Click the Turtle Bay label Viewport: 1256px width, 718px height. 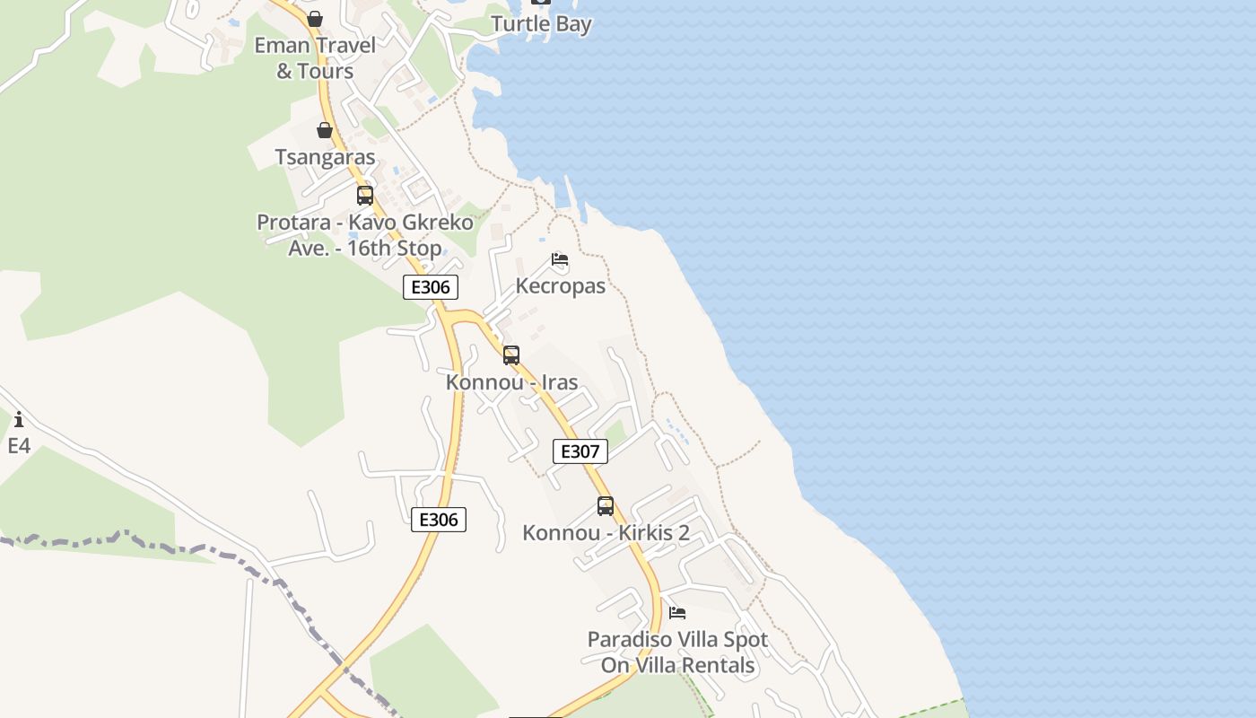(x=541, y=23)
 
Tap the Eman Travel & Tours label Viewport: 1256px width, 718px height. (x=315, y=57)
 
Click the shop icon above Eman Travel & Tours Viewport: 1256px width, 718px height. (x=315, y=19)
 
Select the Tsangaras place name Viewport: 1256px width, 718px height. (x=325, y=157)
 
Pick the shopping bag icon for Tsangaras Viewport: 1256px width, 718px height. (x=325, y=131)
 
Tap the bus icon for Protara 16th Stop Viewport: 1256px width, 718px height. (x=365, y=196)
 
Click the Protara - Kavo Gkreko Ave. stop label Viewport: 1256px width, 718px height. (x=365, y=235)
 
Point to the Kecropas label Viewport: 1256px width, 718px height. (x=561, y=286)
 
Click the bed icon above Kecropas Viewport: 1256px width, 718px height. (x=560, y=260)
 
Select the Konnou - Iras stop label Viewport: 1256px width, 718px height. (x=511, y=382)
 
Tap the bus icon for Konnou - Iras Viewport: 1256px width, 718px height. (x=511, y=355)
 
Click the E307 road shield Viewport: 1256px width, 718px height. (x=580, y=451)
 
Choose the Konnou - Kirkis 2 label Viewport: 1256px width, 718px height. (x=606, y=533)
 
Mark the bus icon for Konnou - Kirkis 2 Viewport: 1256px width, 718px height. (x=606, y=506)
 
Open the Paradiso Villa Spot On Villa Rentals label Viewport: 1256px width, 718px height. (x=677, y=652)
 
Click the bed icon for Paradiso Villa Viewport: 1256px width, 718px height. (x=677, y=613)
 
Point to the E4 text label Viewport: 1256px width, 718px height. (x=19, y=445)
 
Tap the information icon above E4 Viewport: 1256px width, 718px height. (x=19, y=419)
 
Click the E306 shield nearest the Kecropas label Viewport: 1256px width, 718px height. (x=431, y=287)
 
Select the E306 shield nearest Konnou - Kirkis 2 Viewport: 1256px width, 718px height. (x=439, y=520)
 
